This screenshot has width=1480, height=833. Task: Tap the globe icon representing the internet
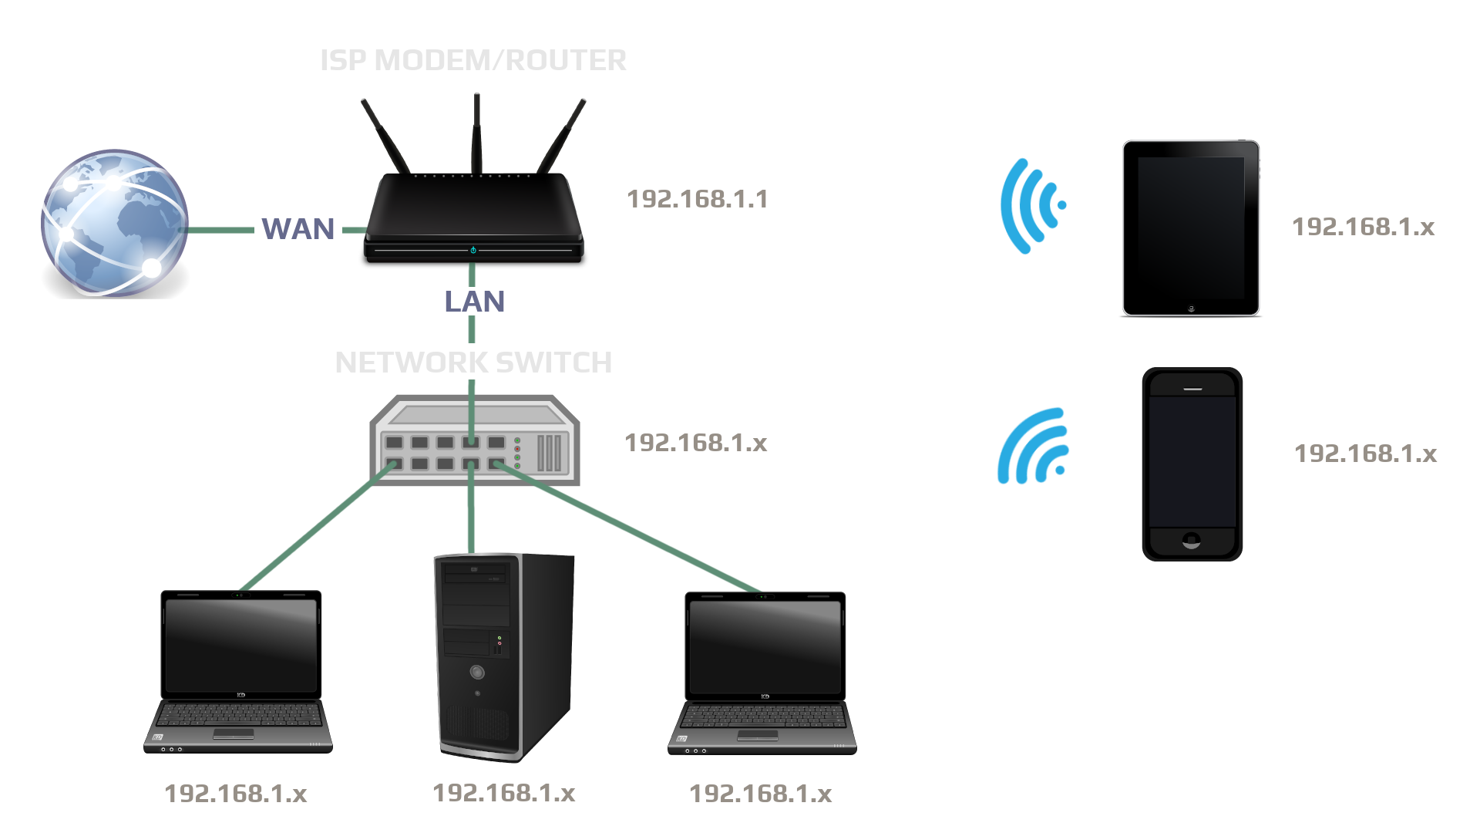(x=114, y=222)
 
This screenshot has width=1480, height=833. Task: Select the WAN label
(x=298, y=229)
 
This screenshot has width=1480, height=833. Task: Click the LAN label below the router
(x=474, y=302)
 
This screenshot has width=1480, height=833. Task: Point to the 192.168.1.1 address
(x=697, y=199)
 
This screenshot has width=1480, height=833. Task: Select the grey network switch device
(x=475, y=440)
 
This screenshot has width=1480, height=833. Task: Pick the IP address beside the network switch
(x=695, y=443)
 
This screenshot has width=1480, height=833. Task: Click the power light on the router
(x=473, y=250)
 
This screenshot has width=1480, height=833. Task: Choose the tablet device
(x=1191, y=228)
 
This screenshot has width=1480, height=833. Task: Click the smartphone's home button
(x=1192, y=541)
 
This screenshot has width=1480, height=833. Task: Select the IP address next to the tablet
(x=1363, y=227)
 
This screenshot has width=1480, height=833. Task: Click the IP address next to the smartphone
(x=1365, y=454)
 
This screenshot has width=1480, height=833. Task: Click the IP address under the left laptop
(x=236, y=794)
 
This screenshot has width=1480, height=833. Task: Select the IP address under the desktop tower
(x=503, y=793)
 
